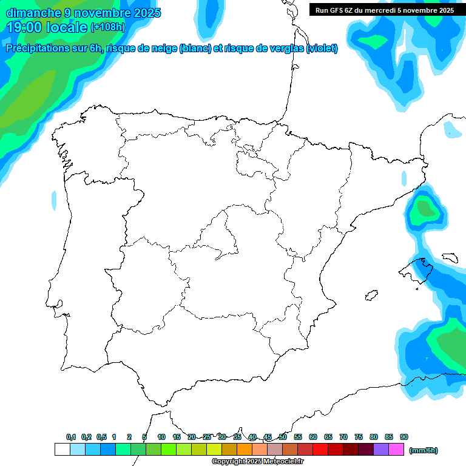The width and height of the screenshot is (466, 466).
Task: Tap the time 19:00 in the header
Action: tap(27, 27)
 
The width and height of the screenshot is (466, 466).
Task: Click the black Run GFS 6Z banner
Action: tap(384, 10)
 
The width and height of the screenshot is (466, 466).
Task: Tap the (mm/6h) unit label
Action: tap(424, 450)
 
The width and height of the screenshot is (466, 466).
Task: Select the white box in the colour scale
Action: tap(62, 450)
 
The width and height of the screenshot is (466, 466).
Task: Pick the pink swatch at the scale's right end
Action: tap(396, 450)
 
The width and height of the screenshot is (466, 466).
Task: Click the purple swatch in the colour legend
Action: tap(381, 450)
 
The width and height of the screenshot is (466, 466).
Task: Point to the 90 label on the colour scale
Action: tap(404, 437)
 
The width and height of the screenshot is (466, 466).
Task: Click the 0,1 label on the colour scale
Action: tap(71, 437)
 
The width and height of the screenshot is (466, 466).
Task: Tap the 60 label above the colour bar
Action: tap(313, 437)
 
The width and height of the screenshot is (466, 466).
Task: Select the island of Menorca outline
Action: tap(450, 257)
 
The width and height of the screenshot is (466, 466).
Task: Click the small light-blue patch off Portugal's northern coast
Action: tap(54, 198)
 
